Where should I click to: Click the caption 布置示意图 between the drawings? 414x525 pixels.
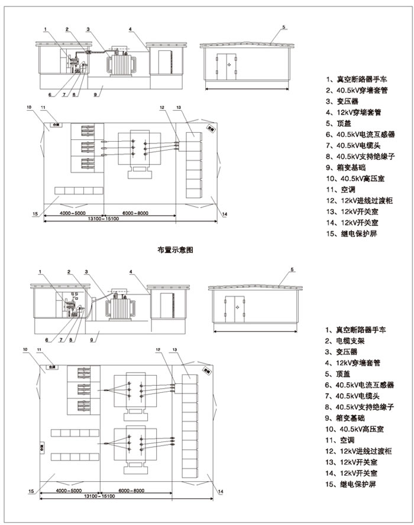(171, 251)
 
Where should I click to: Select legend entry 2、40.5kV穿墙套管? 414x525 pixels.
(355, 90)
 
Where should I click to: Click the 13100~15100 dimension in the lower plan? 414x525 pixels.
(98, 496)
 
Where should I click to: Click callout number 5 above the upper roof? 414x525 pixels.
(284, 27)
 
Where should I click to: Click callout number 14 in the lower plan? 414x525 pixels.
(221, 491)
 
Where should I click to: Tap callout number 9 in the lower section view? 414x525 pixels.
(92, 340)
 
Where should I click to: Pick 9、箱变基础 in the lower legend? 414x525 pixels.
(351, 418)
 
